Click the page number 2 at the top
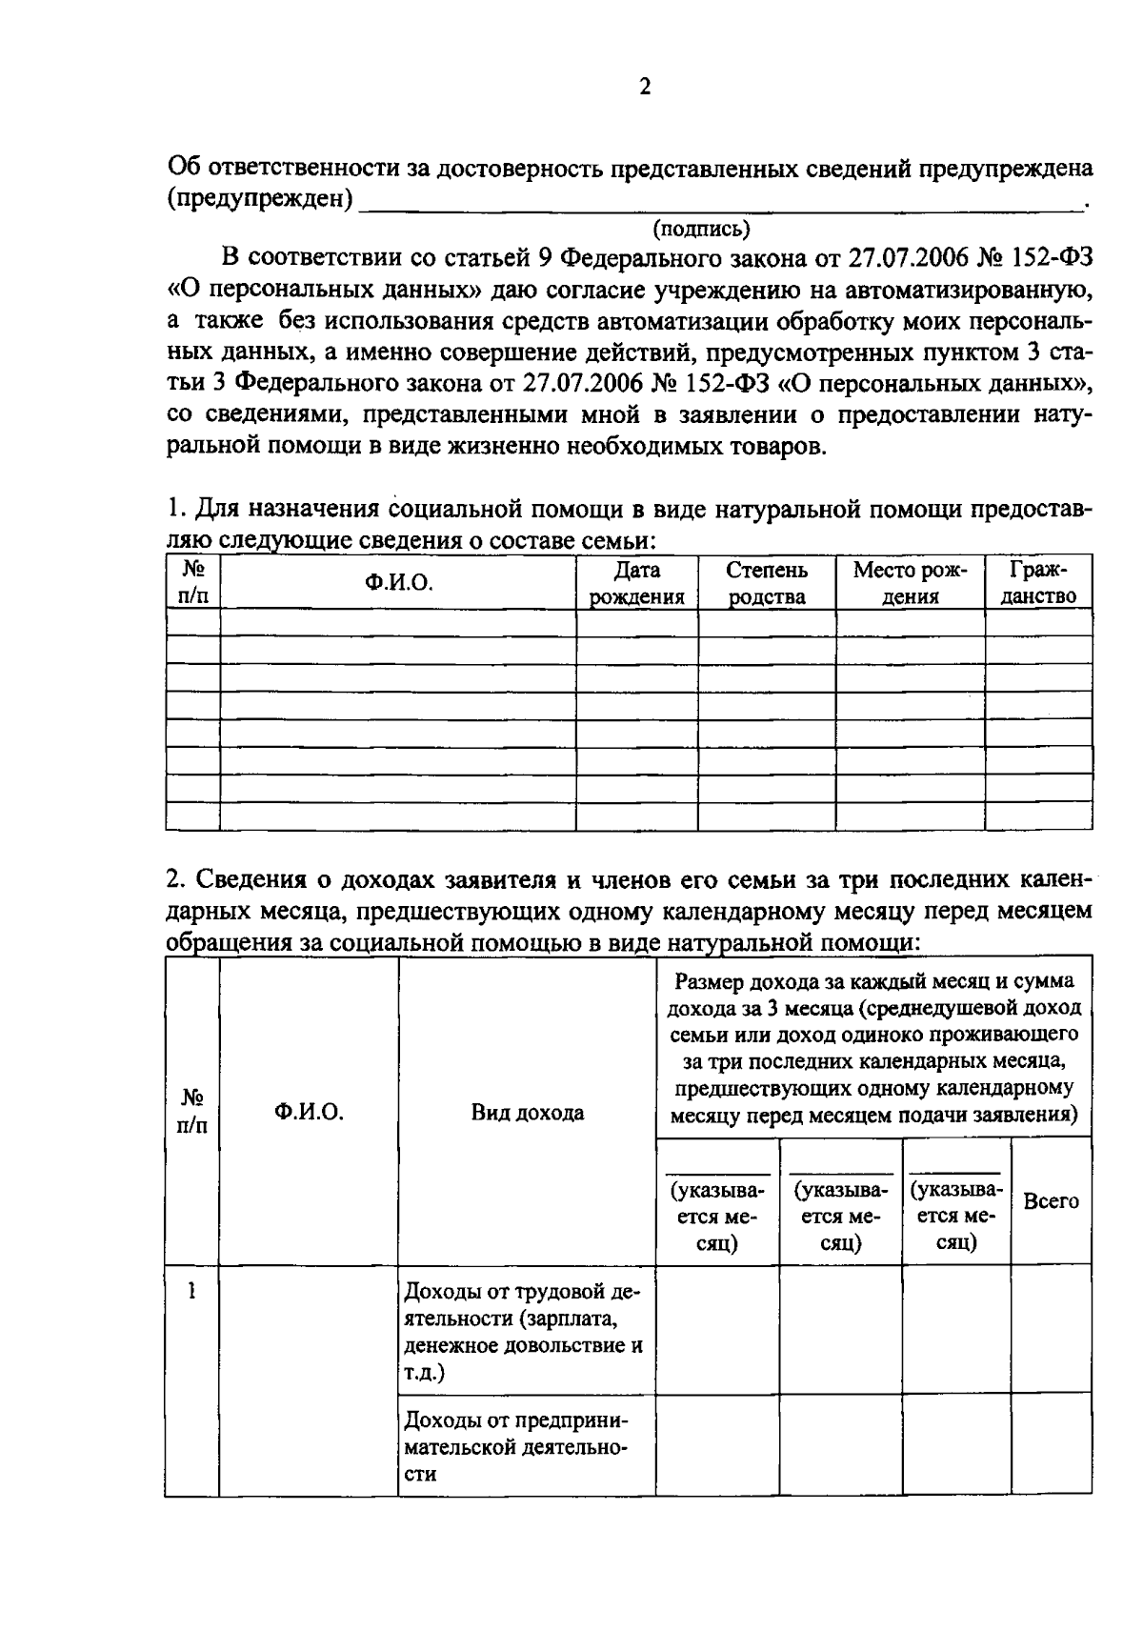pos(645,88)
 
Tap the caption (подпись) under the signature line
pos(702,229)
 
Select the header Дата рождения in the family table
pos(637,583)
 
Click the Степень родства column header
pos(767,583)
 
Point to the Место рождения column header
pos(910,583)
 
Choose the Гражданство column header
pos(1038,583)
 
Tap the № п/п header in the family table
pos(193,583)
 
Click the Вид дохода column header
pos(527,1112)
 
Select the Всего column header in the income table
pos(1051,1200)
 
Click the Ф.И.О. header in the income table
pos(309,1112)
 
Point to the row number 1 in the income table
pos(192,1292)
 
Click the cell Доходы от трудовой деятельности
pos(525,1332)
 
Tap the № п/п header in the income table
pos(192,1112)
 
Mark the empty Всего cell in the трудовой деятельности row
pos(1051,1330)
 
